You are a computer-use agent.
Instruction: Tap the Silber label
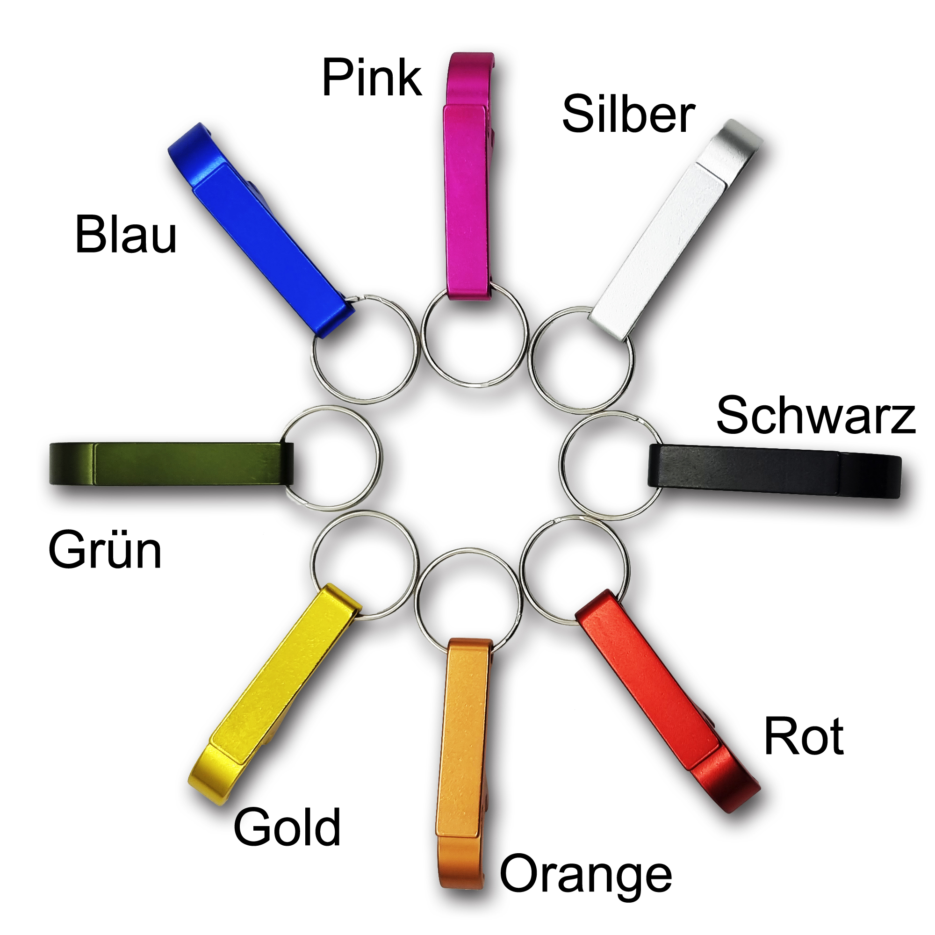[628, 115]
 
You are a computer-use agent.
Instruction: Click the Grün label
[105, 550]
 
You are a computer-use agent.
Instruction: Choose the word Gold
[287, 827]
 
